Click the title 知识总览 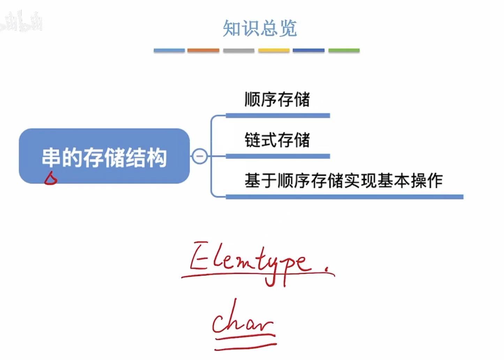tap(259, 28)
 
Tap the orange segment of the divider tap(203, 51)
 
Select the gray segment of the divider tap(239, 51)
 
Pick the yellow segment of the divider tap(274, 51)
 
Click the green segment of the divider tap(344, 51)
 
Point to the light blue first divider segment tap(169, 51)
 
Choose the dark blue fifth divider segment tap(309, 51)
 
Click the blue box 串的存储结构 tap(104, 156)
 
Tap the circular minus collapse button tap(200, 156)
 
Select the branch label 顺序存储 tap(277, 99)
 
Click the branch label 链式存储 tap(277, 140)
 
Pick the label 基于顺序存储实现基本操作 tap(344, 181)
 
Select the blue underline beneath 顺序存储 tap(278, 116)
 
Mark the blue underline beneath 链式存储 tap(278, 156)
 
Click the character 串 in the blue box tap(52, 157)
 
